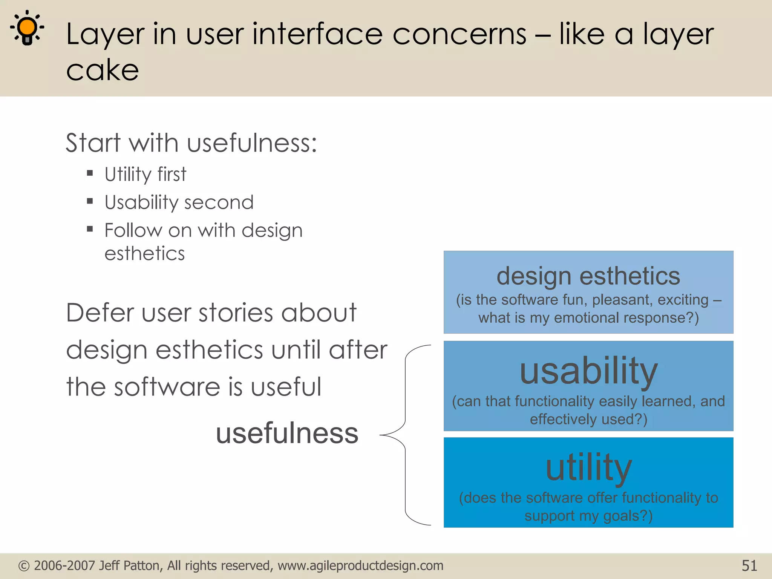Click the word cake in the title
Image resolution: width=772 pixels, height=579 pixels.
tap(103, 70)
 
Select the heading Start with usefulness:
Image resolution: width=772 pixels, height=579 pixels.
tap(191, 143)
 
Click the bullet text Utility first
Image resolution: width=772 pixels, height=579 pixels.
tap(146, 175)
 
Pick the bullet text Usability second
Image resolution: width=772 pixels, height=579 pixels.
tap(179, 202)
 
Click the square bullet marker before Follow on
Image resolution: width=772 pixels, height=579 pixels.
tap(90, 229)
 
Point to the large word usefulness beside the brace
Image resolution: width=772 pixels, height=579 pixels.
tap(287, 433)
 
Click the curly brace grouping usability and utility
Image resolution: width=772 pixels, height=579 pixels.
tap(405, 435)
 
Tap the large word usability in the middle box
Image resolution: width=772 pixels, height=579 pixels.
tap(588, 371)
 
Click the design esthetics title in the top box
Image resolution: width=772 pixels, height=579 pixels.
tap(588, 276)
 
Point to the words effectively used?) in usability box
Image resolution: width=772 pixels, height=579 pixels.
tap(588, 419)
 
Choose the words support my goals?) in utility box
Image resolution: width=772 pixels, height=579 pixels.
tap(588, 516)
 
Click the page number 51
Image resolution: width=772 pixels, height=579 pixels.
tap(749, 566)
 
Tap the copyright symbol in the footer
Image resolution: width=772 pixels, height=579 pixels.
tap(24, 566)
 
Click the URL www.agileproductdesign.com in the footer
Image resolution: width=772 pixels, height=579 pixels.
tap(360, 566)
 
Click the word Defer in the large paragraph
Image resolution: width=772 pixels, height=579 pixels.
tap(100, 313)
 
